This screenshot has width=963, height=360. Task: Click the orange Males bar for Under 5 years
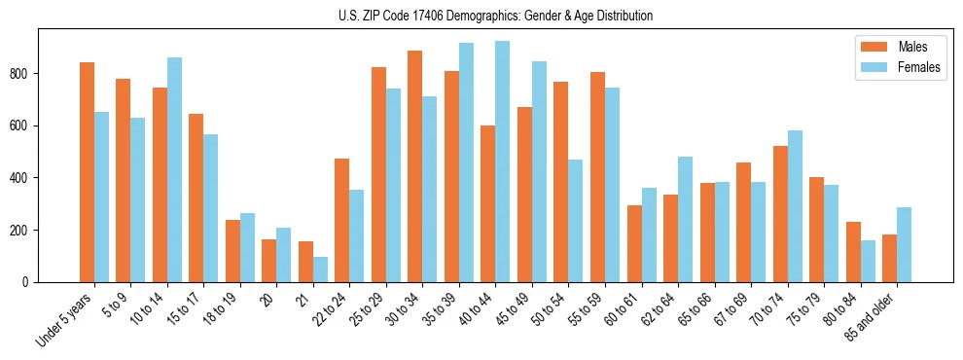click(88, 172)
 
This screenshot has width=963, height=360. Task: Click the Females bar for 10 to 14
click(175, 170)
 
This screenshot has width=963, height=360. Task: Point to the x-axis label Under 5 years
click(66, 318)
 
